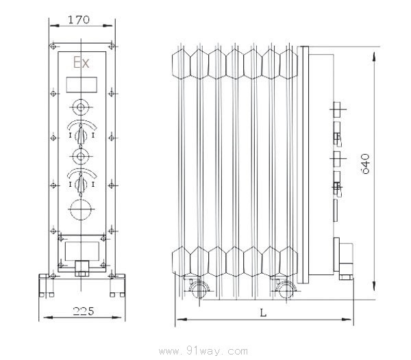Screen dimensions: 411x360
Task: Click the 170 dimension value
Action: (x=79, y=20)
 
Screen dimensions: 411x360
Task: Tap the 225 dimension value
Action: (x=84, y=311)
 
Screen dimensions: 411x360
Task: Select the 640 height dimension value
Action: (x=365, y=164)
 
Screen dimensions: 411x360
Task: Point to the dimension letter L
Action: (x=263, y=313)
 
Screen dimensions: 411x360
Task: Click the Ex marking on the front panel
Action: (x=82, y=63)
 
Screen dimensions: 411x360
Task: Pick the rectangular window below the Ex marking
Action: (x=82, y=85)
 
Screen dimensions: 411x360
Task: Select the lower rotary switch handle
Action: (x=81, y=184)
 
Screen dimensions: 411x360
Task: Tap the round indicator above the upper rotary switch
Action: (x=80, y=107)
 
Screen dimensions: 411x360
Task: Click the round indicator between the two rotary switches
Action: (x=80, y=156)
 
